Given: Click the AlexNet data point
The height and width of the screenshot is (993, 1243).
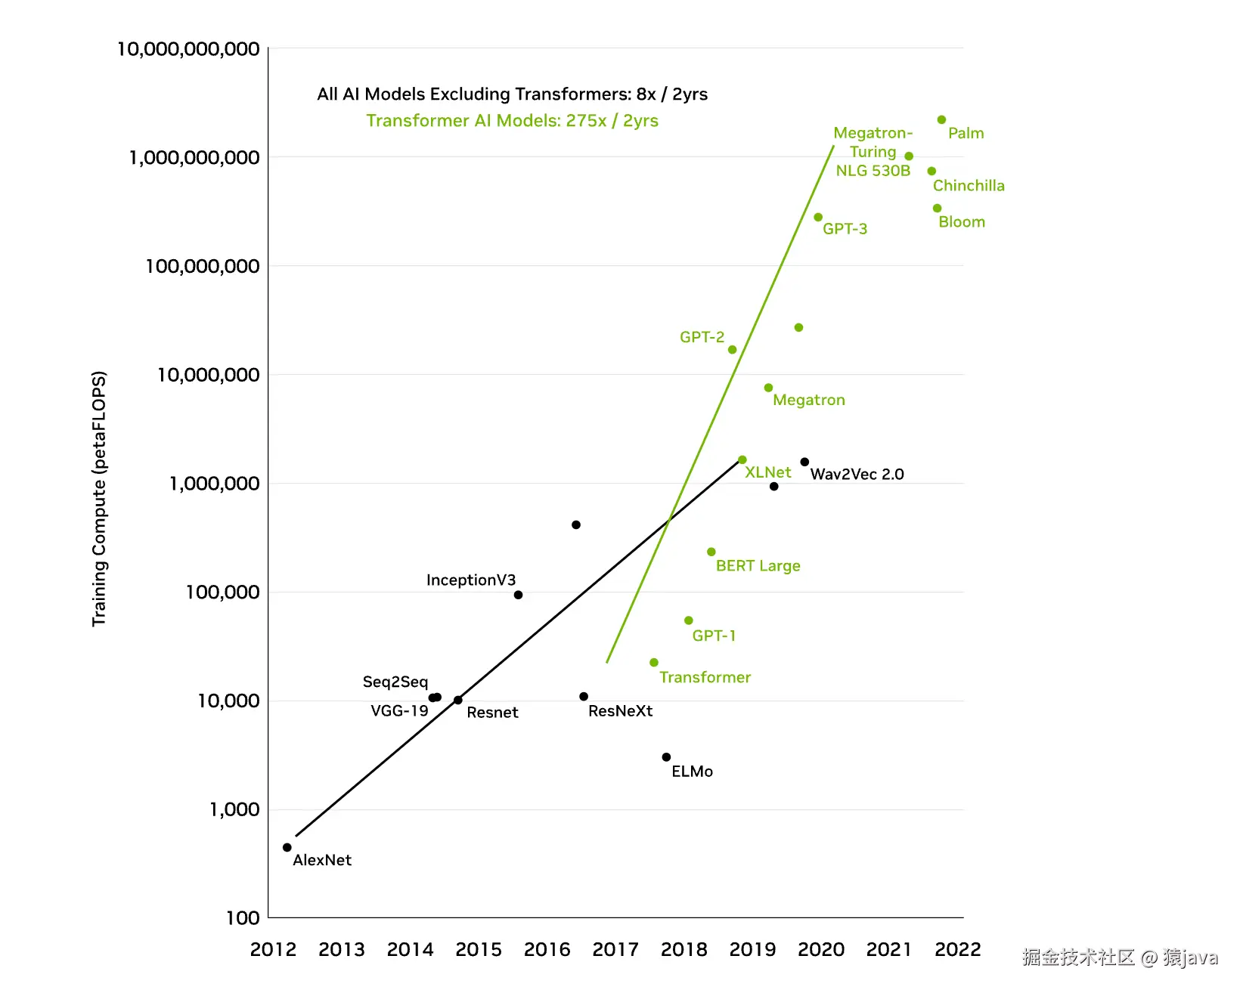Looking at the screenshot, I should [x=287, y=847].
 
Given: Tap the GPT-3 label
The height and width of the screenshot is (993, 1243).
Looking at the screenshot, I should [x=845, y=229].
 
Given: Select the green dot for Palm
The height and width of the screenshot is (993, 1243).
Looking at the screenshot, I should [x=941, y=119].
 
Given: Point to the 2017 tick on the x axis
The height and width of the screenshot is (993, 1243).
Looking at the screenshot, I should [x=615, y=949].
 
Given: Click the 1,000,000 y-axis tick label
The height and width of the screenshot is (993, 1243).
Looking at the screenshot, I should [x=214, y=484].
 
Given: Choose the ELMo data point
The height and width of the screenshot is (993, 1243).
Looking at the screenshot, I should [x=666, y=757].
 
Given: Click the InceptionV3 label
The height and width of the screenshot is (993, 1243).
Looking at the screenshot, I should [x=470, y=580].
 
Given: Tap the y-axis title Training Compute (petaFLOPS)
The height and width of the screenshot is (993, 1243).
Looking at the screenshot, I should [x=99, y=498].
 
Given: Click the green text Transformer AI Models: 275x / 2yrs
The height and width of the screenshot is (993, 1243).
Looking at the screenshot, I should [x=512, y=121].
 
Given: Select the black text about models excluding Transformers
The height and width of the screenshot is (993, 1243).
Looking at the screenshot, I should [x=512, y=94].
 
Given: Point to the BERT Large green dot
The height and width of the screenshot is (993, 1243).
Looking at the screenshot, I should [x=711, y=552].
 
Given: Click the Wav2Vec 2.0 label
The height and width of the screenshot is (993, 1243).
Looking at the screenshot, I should [x=857, y=474].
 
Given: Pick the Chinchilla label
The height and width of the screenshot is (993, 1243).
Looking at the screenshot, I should [x=968, y=186].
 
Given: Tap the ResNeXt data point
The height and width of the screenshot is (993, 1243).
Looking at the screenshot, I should [x=584, y=697].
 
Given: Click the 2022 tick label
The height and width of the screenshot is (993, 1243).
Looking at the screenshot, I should [x=957, y=949].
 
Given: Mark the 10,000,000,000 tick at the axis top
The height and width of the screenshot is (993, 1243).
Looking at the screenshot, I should [x=188, y=49].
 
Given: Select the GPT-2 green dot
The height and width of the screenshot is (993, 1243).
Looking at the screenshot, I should [x=732, y=349].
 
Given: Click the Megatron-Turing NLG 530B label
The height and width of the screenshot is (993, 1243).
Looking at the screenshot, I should [x=873, y=152].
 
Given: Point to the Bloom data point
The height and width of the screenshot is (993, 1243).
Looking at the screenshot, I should [x=937, y=208].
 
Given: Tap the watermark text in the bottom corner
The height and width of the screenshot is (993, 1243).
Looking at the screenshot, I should [x=1119, y=958].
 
